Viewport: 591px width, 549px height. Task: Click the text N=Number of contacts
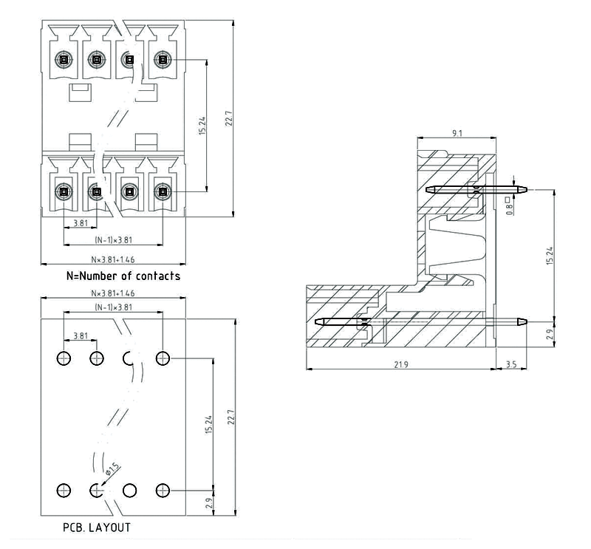(x=123, y=276)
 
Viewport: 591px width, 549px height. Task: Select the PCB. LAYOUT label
(x=97, y=528)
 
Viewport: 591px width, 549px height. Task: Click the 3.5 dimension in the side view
(x=511, y=364)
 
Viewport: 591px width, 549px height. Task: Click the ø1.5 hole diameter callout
(x=112, y=468)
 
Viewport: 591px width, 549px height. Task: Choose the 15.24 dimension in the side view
(x=550, y=256)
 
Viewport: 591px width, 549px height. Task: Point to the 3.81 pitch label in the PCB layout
(x=81, y=336)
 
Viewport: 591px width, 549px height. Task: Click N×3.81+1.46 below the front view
(x=113, y=260)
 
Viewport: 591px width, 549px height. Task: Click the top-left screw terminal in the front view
(x=64, y=59)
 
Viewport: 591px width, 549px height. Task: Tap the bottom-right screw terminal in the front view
(x=162, y=192)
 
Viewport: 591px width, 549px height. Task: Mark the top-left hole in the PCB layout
(x=64, y=359)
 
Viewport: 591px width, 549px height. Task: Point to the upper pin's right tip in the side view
(x=526, y=189)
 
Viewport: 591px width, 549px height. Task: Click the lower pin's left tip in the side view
(x=316, y=322)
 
